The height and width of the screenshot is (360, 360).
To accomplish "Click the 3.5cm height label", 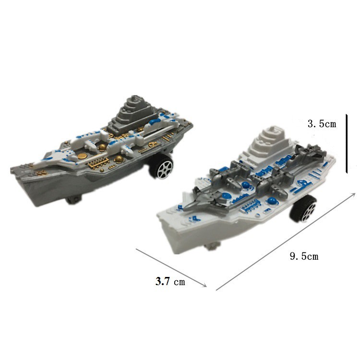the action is (x=322, y=124).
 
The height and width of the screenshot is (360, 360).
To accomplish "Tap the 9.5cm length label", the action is (x=304, y=256).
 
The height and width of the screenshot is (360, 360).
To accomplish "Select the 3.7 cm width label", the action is (x=170, y=281).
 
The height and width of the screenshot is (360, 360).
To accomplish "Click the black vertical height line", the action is (x=347, y=144).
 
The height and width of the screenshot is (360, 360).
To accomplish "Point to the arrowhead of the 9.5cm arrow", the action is (x=353, y=195).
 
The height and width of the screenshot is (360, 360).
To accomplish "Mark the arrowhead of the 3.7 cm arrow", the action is (x=204, y=285).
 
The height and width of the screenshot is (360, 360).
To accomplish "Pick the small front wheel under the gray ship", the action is (x=73, y=200).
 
